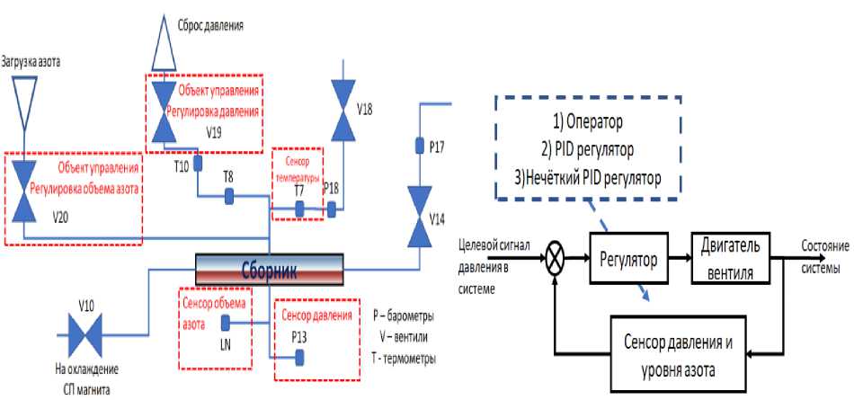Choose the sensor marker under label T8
click(x=228, y=195)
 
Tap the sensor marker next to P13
click(x=300, y=357)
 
